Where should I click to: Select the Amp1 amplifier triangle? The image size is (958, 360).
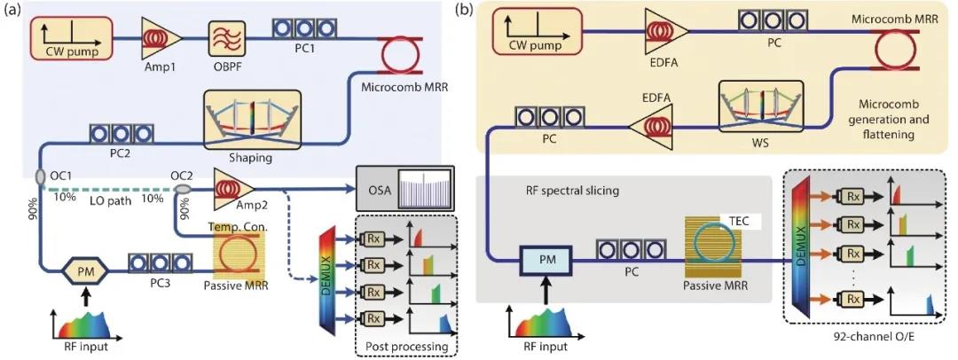(162, 38)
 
